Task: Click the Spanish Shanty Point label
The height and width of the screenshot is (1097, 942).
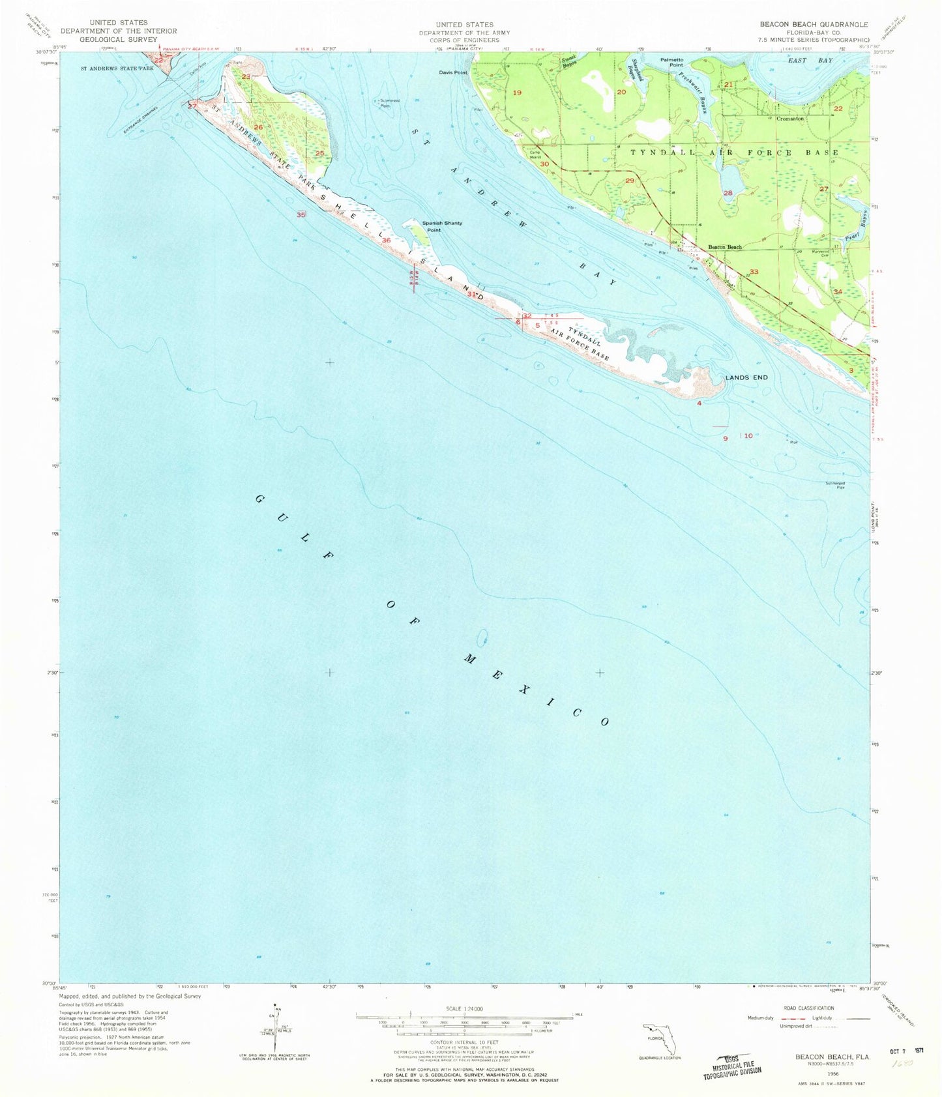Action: tap(442, 226)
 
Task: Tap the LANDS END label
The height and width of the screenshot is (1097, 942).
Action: tap(747, 377)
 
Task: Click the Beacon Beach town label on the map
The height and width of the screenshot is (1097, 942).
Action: tap(725, 247)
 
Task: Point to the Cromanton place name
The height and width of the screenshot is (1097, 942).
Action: tap(789, 119)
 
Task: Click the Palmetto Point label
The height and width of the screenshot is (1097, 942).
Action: tap(671, 62)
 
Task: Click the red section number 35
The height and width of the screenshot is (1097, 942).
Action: tap(301, 214)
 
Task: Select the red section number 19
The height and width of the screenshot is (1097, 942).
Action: tap(517, 93)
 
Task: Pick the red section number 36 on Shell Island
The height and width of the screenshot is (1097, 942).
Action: tap(386, 241)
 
